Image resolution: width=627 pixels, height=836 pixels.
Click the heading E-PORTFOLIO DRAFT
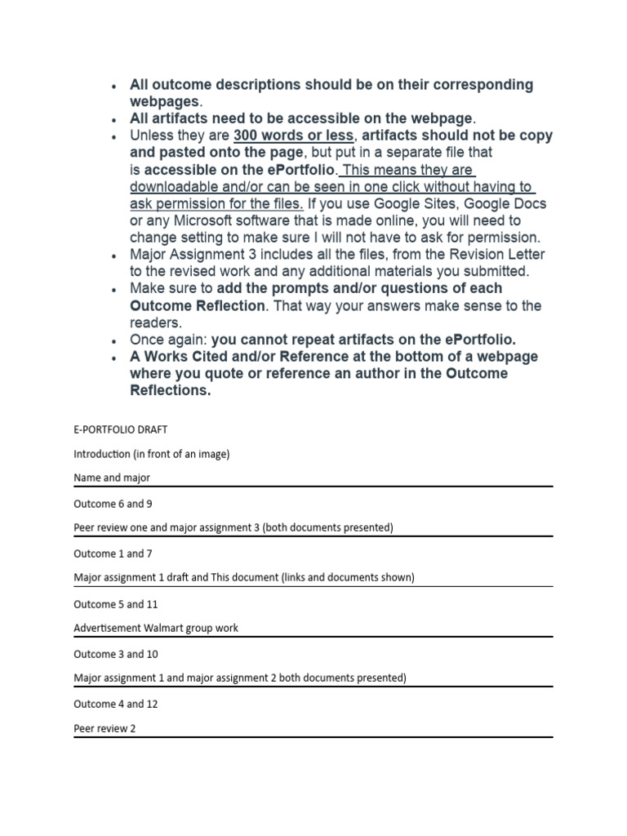[120, 429]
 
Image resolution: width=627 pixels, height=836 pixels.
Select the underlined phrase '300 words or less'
[293, 136]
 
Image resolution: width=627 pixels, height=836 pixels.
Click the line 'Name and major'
[112, 478]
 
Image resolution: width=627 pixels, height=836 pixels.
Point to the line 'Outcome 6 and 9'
[113, 504]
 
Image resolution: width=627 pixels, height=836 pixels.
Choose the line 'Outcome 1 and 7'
[113, 554]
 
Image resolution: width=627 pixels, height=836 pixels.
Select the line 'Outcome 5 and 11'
[115, 604]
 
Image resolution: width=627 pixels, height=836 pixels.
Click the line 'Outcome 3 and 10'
[115, 654]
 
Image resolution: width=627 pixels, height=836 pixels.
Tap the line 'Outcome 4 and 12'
[115, 704]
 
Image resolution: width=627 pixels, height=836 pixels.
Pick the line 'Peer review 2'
[104, 728]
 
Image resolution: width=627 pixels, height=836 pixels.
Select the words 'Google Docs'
[506, 203]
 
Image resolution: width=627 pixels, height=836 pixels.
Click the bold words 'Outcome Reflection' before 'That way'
[198, 305]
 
